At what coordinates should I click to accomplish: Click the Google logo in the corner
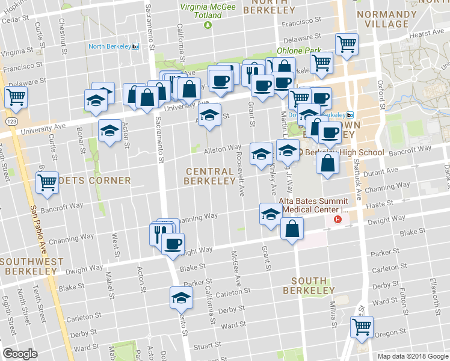coord(20,354)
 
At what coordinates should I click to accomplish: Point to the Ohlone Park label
coord(296,51)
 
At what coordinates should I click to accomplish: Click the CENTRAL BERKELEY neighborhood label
coord(209,176)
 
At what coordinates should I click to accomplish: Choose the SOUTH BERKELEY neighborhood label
coord(309,286)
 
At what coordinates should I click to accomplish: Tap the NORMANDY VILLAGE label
coord(382,18)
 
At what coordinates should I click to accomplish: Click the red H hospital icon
coord(337,220)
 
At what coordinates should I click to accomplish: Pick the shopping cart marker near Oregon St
coord(362,328)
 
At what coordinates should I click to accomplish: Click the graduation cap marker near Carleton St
coord(179,298)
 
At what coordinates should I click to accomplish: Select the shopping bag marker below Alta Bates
coord(292,229)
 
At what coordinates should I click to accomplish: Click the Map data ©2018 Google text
coord(413,356)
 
